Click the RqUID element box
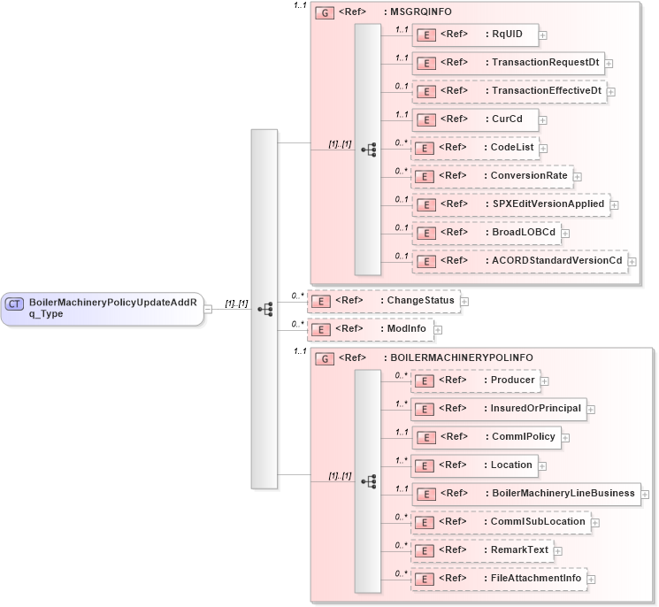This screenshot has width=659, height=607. tap(475, 35)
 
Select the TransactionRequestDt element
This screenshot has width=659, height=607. tap(508, 63)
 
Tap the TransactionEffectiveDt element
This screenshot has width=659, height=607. tap(509, 91)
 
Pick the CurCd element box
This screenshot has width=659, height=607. tap(474, 119)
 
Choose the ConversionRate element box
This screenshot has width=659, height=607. tap(492, 176)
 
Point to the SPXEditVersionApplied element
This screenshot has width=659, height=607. tap(510, 204)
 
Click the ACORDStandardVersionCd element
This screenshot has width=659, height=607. tap(519, 261)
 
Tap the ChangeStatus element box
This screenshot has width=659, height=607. tap(382, 301)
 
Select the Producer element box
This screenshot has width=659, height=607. tap(476, 380)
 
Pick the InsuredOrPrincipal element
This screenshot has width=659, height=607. tap(498, 409)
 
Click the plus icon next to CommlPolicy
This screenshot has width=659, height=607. tap(565, 438)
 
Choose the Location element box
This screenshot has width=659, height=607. tap(474, 465)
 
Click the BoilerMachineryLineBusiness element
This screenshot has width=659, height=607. tap(525, 494)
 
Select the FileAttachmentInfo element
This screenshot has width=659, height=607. tap(498, 579)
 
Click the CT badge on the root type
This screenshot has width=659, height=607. tap(14, 304)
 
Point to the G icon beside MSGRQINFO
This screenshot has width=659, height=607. tap(325, 14)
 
